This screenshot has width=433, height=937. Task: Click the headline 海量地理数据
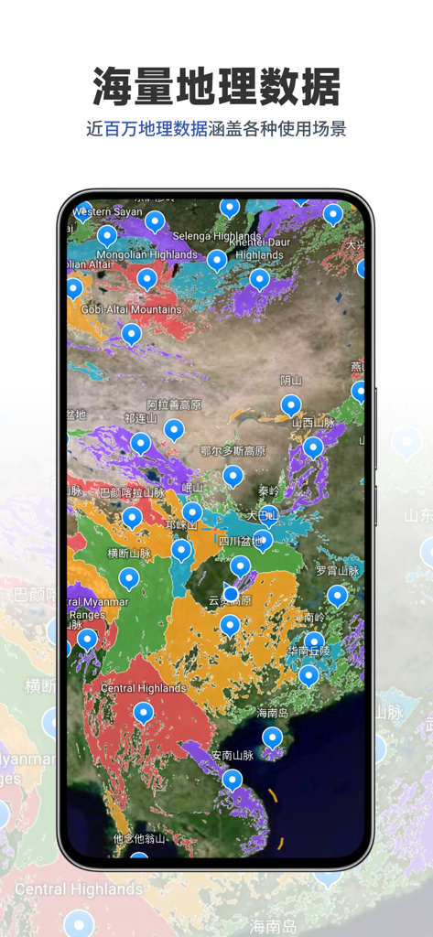point(216,87)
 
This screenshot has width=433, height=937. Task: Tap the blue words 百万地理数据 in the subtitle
point(156,129)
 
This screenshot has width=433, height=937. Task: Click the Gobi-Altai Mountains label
point(130,309)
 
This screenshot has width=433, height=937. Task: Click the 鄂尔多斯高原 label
point(233,451)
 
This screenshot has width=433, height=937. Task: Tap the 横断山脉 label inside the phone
point(129,554)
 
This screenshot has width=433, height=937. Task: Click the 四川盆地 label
point(240,541)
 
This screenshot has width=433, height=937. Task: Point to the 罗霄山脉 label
point(338,570)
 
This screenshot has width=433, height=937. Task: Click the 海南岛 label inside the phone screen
point(273,713)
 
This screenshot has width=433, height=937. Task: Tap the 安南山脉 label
point(232,755)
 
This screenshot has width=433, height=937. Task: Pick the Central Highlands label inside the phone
point(143,688)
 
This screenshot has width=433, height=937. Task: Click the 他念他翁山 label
point(139,837)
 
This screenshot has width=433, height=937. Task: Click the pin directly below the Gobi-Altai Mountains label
point(132,333)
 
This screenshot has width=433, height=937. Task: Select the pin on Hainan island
point(273,737)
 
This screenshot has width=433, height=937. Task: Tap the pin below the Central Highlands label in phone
point(143,712)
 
